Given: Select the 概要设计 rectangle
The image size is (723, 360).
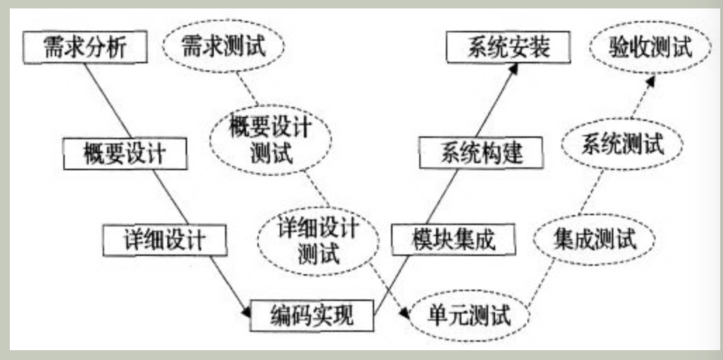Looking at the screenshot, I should [125, 153].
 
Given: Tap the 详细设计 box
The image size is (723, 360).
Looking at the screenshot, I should [165, 240].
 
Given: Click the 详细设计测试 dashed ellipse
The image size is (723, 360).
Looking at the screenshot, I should [318, 241].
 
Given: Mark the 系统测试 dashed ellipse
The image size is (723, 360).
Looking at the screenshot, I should [622, 145].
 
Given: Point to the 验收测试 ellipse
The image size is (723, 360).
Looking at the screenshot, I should [650, 47].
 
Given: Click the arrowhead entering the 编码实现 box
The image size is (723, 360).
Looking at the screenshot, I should [245, 310].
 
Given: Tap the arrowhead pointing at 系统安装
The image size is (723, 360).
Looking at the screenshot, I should [516, 68].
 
